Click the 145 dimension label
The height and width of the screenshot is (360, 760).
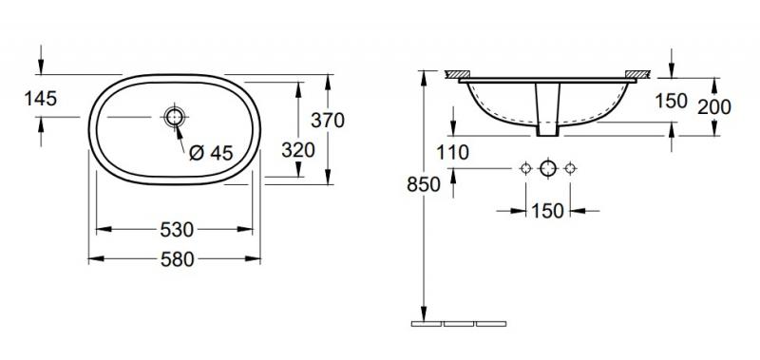point(18,98)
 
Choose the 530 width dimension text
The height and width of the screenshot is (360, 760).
point(177,229)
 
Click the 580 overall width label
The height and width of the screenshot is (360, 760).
point(177,258)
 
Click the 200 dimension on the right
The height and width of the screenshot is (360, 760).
point(714,107)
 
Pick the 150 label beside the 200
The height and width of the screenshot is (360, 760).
point(671,102)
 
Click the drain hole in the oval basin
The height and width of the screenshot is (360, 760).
point(175,118)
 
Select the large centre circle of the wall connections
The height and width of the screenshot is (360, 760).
point(547,169)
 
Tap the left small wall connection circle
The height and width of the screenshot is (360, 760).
point(524,169)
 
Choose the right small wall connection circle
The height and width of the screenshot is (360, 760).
point(570,169)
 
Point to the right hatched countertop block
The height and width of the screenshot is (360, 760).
point(636,73)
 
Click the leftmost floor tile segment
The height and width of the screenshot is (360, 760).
point(426,324)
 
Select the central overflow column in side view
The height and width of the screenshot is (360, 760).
point(547,106)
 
